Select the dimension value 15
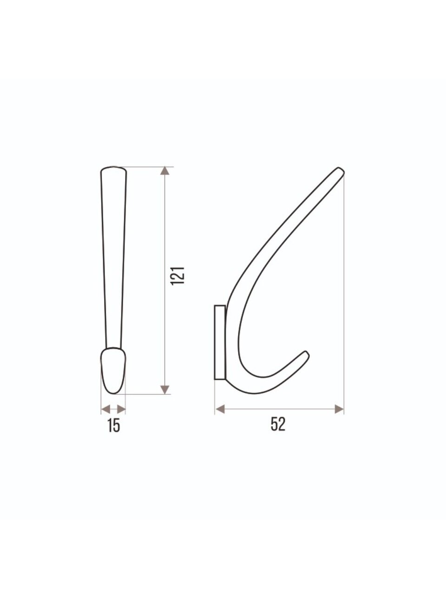click(113, 426)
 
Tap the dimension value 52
click(278, 424)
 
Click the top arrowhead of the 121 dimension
click(165, 170)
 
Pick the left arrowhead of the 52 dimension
click(220, 409)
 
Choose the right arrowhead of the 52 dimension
click(339, 409)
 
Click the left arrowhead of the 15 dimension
click(105, 409)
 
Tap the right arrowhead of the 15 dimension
click(121, 409)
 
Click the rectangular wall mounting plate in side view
click(220, 342)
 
